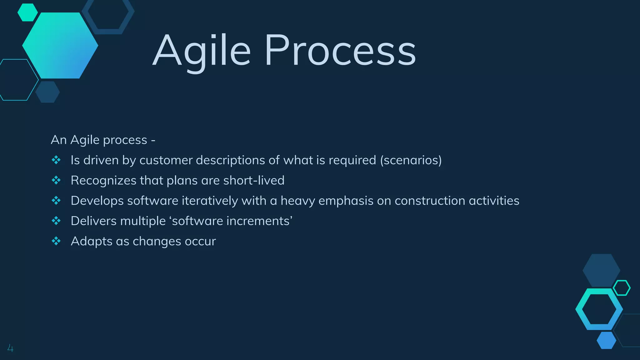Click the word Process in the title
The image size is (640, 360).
click(340, 51)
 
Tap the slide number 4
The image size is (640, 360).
click(10, 348)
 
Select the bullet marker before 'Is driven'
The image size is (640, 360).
click(56, 160)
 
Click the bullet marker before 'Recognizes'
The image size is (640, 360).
click(56, 180)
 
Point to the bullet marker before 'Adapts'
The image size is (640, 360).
click(56, 241)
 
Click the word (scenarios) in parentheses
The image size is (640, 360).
click(411, 160)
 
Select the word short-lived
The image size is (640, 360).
click(254, 181)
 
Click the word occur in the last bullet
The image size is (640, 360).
click(200, 242)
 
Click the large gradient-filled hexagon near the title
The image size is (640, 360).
click(60, 46)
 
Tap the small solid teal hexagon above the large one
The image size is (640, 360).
click(27, 12)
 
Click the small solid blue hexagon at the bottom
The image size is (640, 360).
click(606, 340)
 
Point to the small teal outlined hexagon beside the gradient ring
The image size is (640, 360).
click(622, 288)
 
